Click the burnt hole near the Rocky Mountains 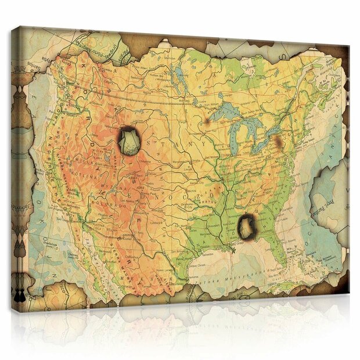pos(129,141)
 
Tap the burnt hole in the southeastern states pos(248,226)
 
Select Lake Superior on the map pos(226,114)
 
